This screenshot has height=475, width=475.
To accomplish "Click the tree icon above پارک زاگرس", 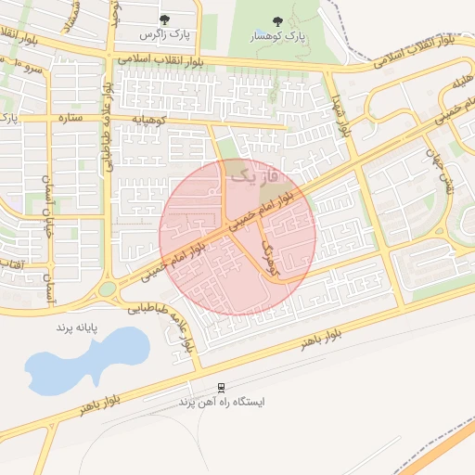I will (x=165, y=19).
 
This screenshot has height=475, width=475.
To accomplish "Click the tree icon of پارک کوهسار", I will (x=278, y=21).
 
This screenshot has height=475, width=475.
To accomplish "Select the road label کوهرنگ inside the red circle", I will (x=270, y=259).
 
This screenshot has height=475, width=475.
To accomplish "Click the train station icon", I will (x=221, y=388).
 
